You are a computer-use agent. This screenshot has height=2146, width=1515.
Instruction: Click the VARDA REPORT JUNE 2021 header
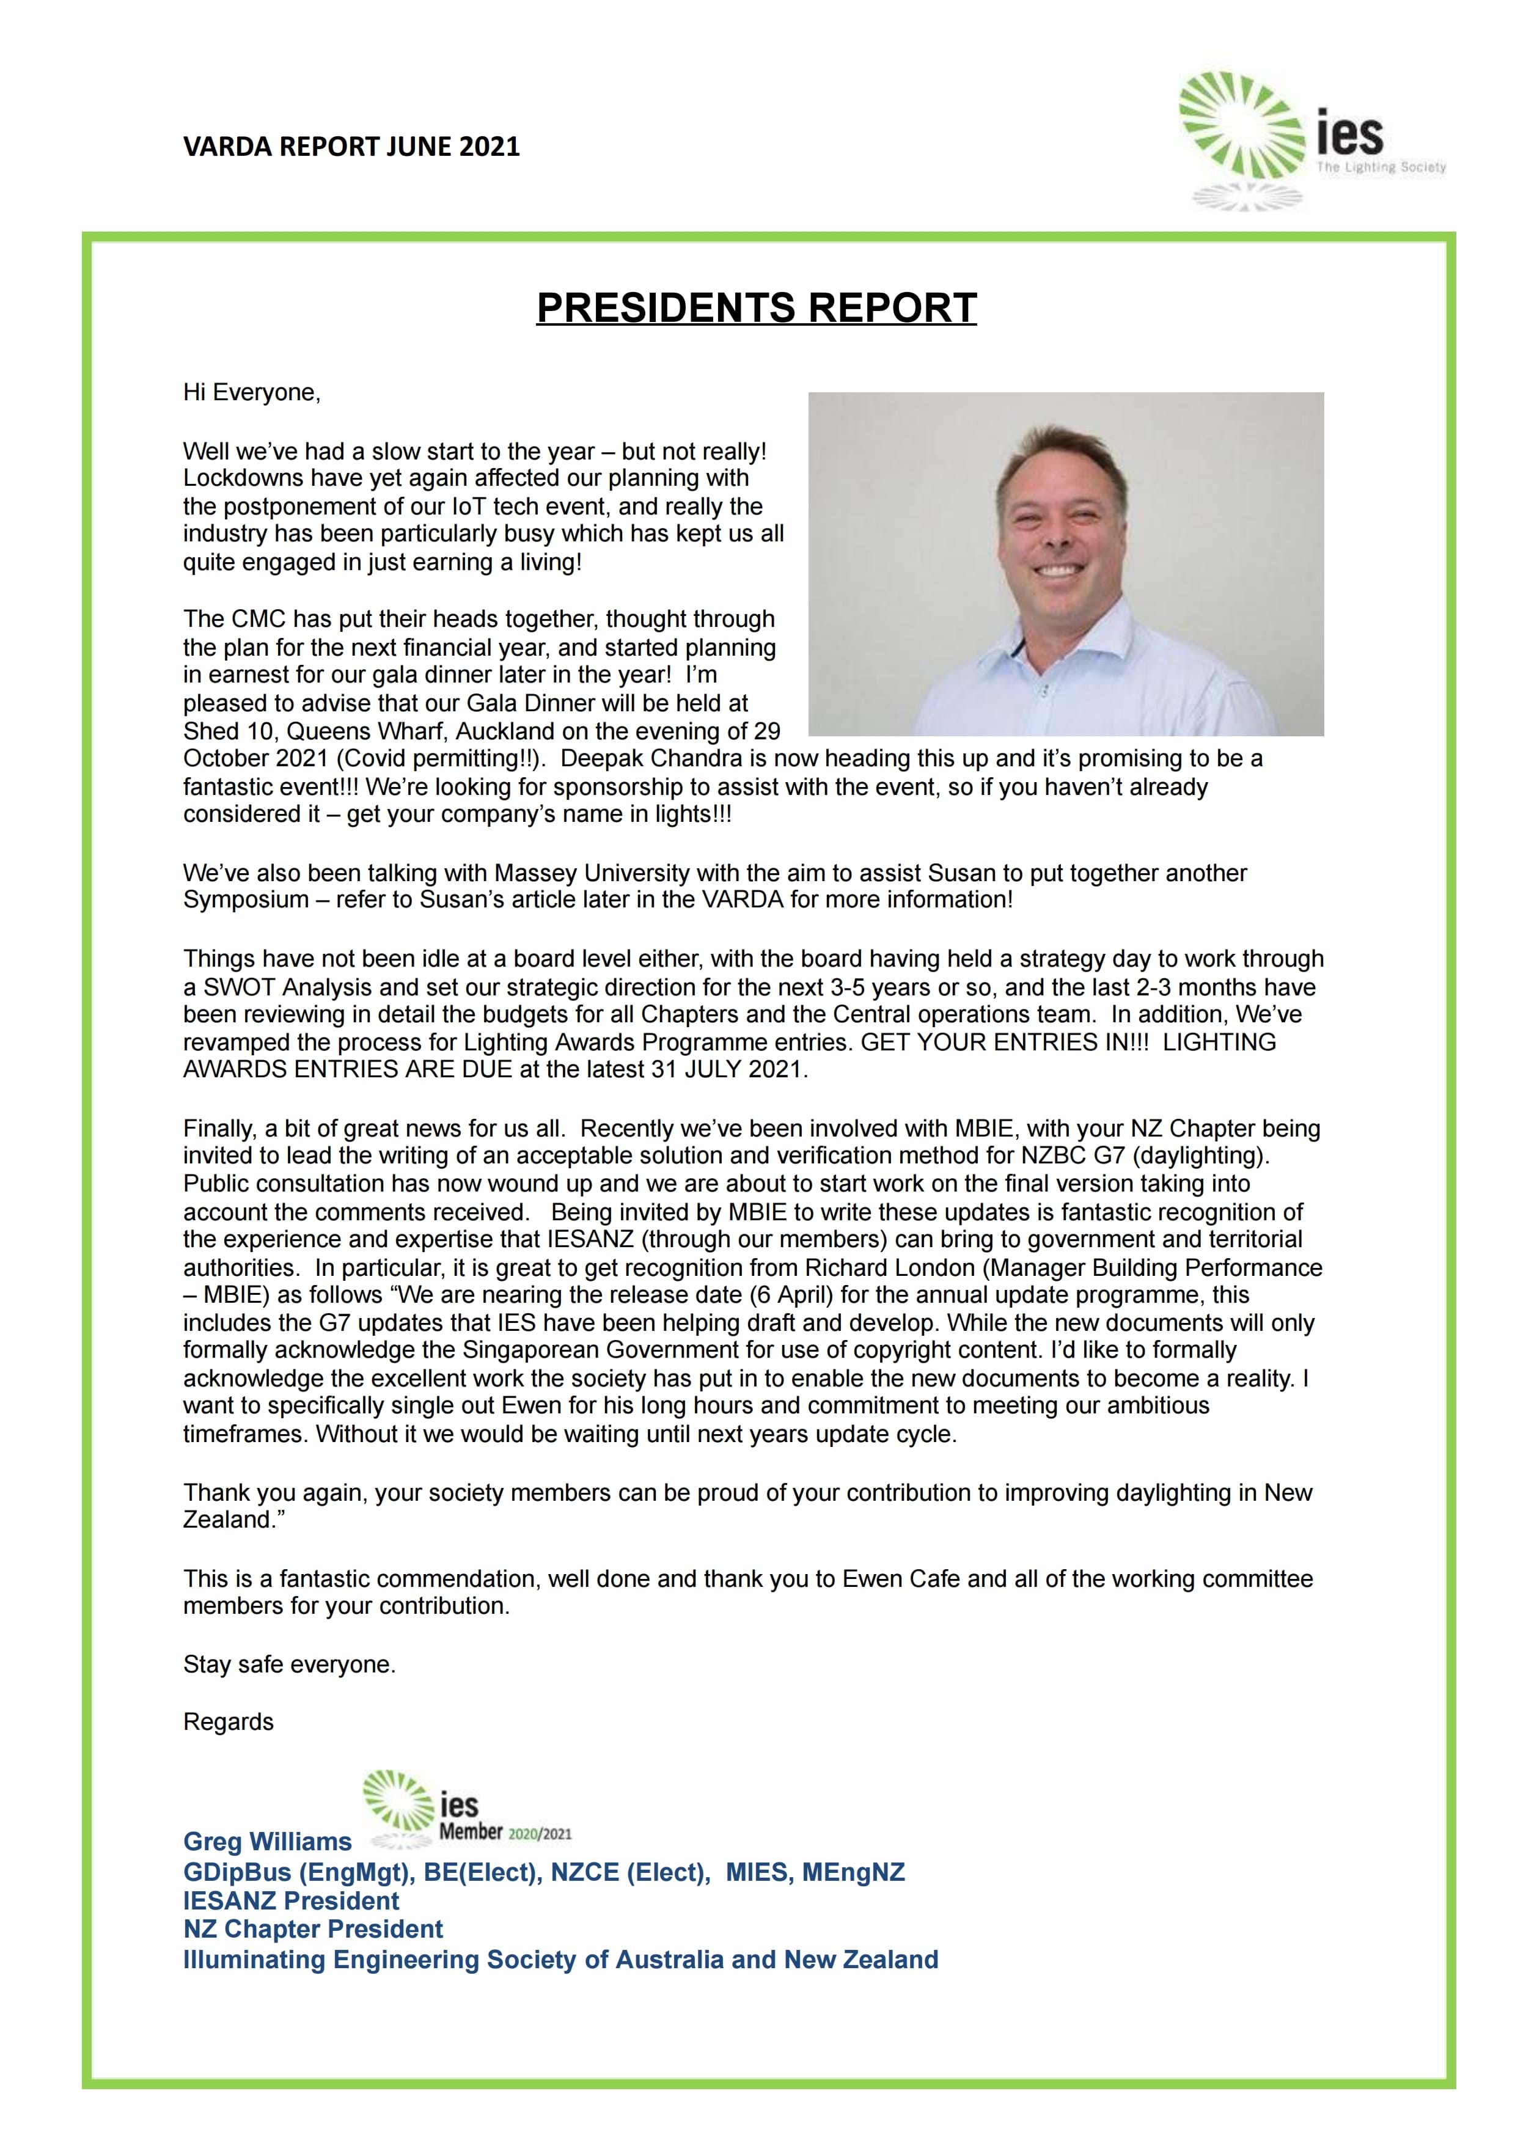click(351, 147)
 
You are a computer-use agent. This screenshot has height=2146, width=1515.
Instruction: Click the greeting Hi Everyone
click(251, 392)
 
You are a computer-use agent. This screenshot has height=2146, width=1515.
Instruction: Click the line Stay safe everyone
click(290, 1664)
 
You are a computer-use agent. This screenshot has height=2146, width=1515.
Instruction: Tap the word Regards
click(228, 1722)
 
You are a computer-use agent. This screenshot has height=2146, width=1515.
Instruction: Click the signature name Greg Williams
click(267, 1841)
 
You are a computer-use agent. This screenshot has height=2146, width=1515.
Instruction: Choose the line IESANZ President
click(291, 1901)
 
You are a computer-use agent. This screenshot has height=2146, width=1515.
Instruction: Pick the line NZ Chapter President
click(313, 1929)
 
